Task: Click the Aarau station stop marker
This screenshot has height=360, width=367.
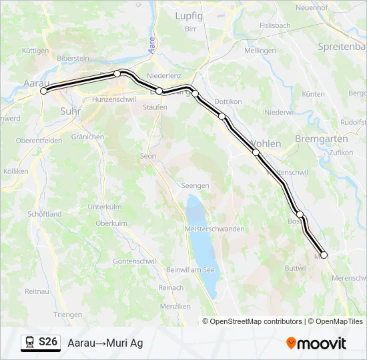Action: [44, 91]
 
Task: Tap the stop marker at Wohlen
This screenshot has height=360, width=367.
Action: [256, 153]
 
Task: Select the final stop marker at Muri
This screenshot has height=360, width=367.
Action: [324, 255]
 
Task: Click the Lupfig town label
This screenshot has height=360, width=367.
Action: [189, 15]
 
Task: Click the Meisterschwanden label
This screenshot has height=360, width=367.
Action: [214, 229]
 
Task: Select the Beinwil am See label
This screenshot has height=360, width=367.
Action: [190, 269]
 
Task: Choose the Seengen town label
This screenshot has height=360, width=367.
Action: [196, 186]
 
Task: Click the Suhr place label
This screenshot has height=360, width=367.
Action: [69, 111]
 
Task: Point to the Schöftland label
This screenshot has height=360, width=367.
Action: [45, 214]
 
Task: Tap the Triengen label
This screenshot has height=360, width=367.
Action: [68, 315]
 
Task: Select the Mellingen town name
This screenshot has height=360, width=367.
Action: [260, 51]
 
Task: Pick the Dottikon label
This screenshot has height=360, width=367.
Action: [228, 101]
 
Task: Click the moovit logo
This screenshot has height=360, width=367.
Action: [316, 343]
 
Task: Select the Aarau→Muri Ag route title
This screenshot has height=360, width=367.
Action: [105, 343]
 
